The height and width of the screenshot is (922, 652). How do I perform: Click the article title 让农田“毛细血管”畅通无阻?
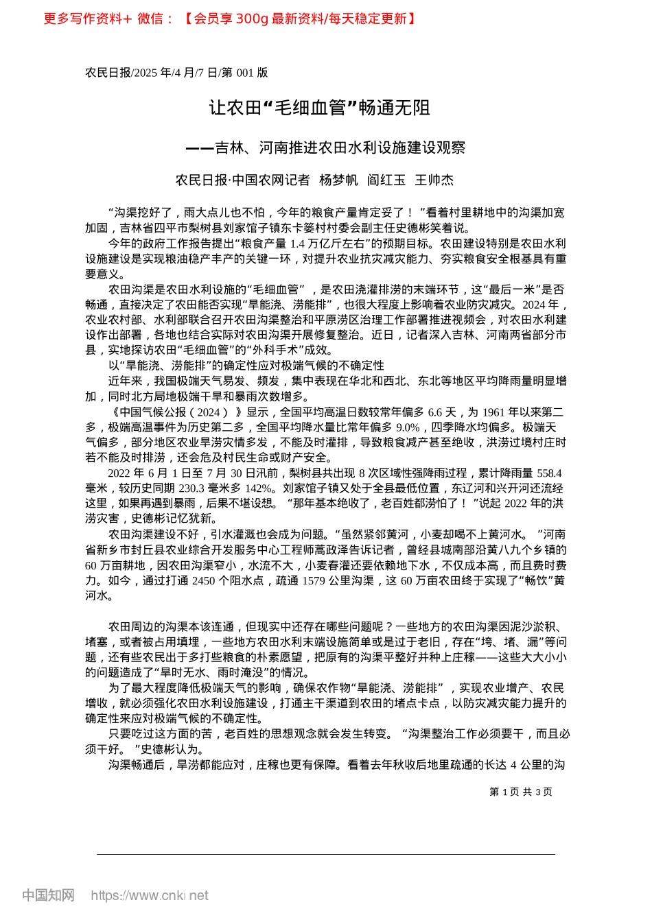[x=320, y=108]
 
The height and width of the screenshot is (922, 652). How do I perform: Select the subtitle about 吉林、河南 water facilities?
[x=326, y=147]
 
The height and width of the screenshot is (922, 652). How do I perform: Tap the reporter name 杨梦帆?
[x=338, y=180]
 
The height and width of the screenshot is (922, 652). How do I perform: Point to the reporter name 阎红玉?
[x=386, y=180]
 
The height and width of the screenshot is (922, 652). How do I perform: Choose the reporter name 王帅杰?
[x=434, y=180]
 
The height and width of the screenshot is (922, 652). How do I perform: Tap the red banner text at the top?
[x=229, y=19]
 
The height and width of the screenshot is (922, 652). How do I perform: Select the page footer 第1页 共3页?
[x=521, y=792]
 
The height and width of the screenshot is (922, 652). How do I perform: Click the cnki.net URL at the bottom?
[x=149, y=895]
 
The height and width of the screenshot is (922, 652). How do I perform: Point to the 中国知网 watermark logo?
[x=48, y=895]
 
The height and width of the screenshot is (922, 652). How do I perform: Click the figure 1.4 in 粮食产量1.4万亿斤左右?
[x=297, y=244]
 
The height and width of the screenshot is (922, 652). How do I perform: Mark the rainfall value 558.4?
[x=549, y=473]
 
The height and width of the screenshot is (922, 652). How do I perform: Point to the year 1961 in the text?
[x=494, y=412]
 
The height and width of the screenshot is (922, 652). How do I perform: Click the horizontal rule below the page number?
[x=326, y=854]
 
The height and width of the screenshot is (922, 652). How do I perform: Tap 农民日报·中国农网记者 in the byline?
[x=242, y=180]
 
